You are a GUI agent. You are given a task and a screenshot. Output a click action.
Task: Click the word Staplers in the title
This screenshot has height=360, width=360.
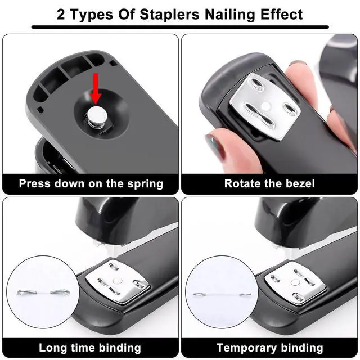click(169, 15)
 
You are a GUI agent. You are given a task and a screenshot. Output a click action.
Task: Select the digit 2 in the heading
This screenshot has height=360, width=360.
click(61, 15)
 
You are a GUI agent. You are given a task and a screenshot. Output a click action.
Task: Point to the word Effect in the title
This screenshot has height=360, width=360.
click(282, 15)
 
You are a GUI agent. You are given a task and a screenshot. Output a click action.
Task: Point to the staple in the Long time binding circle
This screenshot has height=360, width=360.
click(43, 292)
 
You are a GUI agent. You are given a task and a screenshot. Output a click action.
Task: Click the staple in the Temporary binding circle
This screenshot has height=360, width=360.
click(222, 294)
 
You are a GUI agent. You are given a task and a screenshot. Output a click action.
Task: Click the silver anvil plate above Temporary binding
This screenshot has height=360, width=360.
click(295, 284)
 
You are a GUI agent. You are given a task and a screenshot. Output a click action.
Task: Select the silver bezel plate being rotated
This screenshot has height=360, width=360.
click(265, 106)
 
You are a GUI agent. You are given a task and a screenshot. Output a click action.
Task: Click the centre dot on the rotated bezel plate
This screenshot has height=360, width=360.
click(266, 106)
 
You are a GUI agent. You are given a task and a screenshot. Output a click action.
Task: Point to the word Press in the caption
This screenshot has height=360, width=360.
click(34, 183)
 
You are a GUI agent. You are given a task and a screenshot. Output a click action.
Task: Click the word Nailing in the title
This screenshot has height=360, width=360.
click(230, 15)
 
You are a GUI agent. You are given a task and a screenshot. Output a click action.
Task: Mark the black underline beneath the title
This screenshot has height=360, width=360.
click(180, 27)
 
